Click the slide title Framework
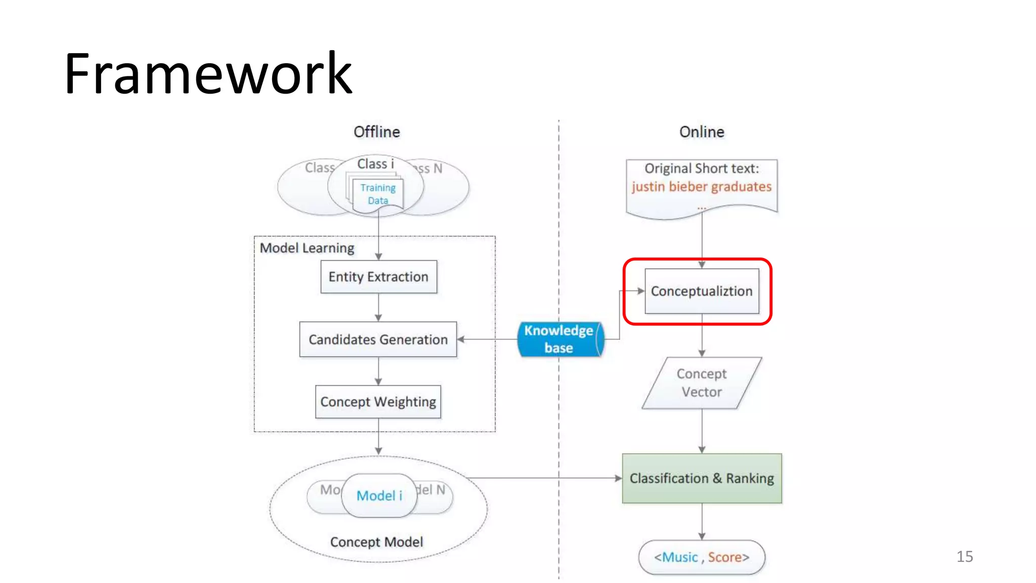pyautogui.click(x=208, y=74)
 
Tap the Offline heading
pyautogui.click(x=376, y=132)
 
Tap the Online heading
pyautogui.click(x=701, y=132)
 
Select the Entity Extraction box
pyautogui.click(x=378, y=277)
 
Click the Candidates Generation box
pyautogui.click(x=378, y=340)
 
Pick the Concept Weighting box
pyautogui.click(x=378, y=402)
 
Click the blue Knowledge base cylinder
pyautogui.click(x=558, y=339)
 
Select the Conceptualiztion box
pyautogui.click(x=701, y=291)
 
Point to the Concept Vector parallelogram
pyautogui.click(x=701, y=383)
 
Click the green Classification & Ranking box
pyautogui.click(x=701, y=478)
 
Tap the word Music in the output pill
pyautogui.click(x=679, y=557)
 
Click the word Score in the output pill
pyautogui.click(x=724, y=557)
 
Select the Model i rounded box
pyautogui.click(x=379, y=495)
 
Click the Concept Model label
pyautogui.click(x=376, y=542)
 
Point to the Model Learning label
pyautogui.click(x=307, y=248)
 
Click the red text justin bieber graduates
pyautogui.click(x=701, y=187)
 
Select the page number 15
pyautogui.click(x=964, y=557)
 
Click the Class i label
pyautogui.click(x=375, y=164)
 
